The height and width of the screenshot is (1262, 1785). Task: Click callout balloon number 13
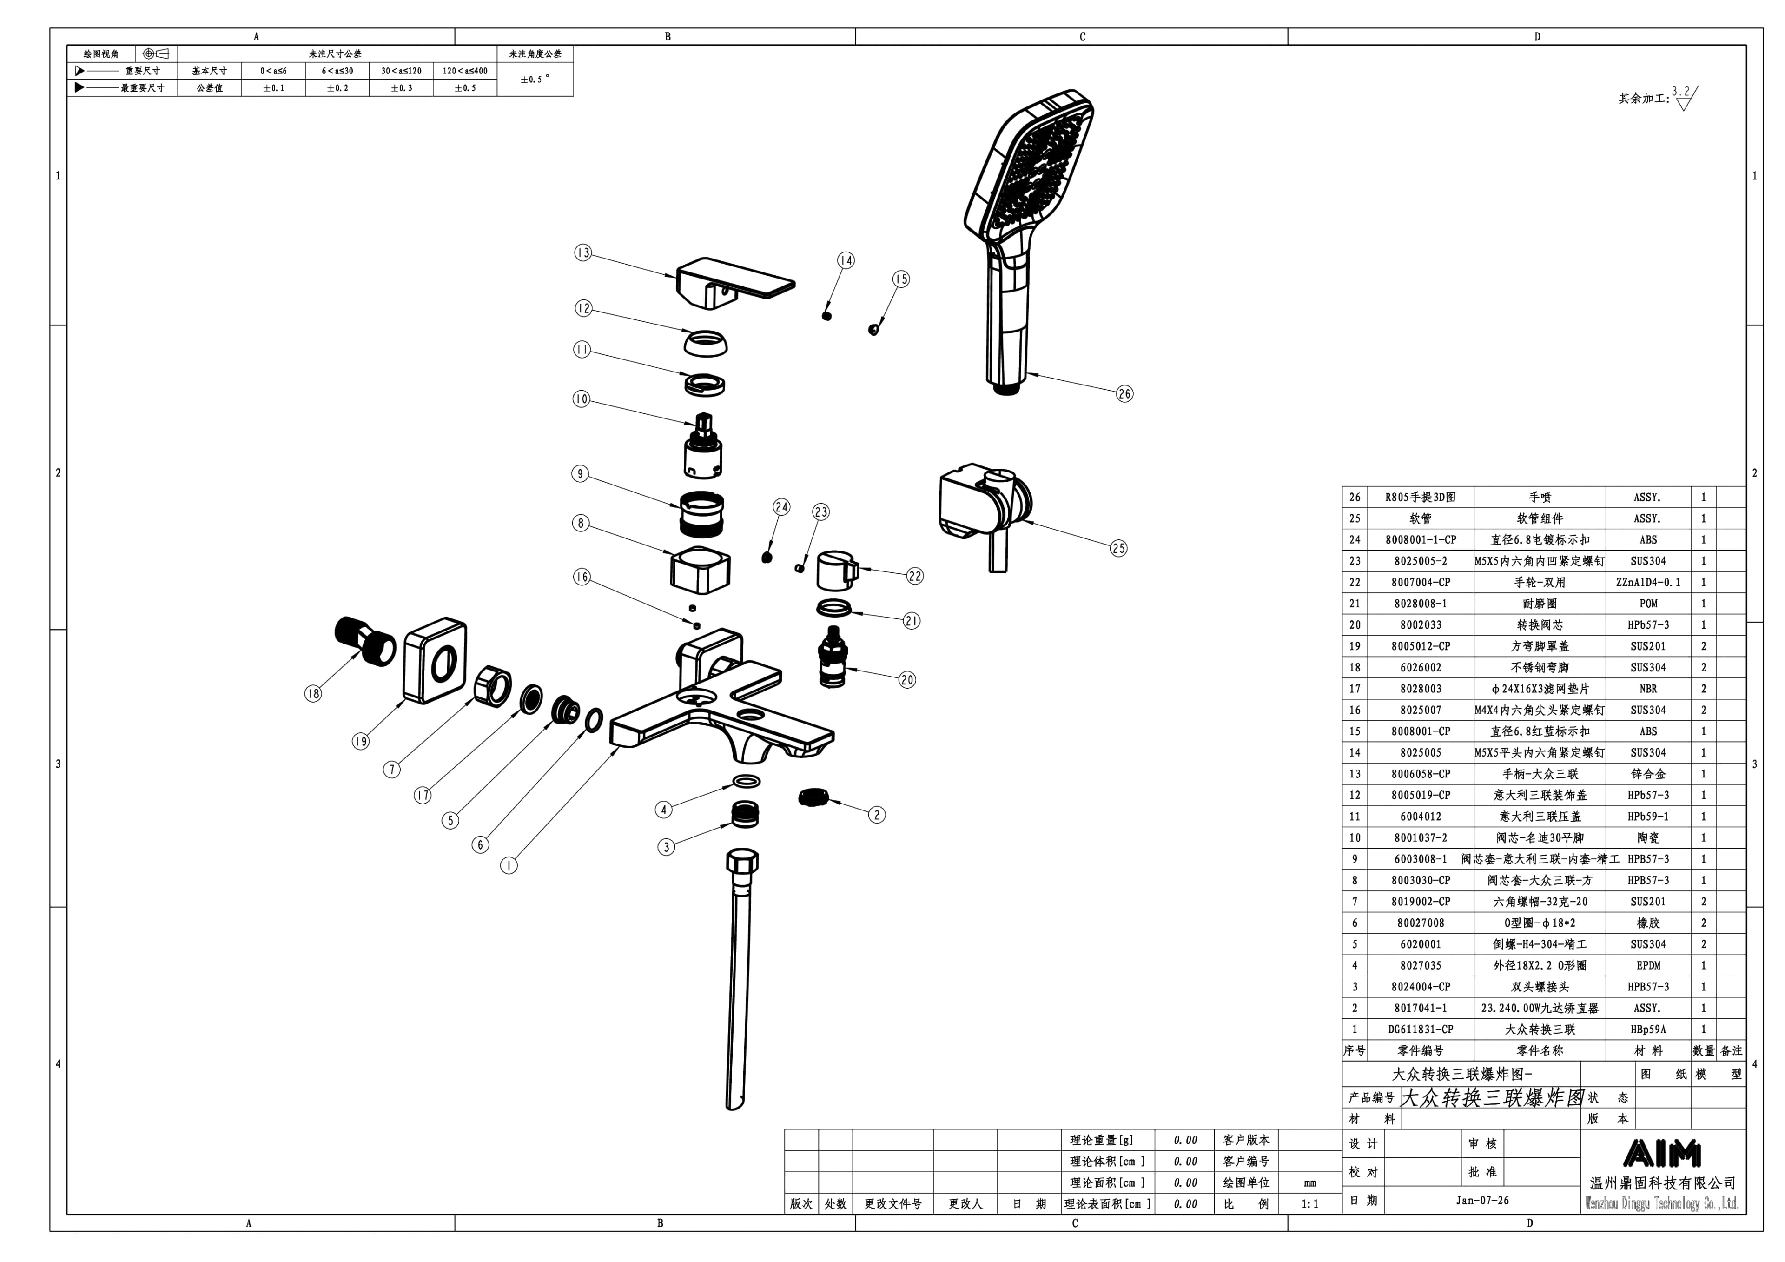pyautogui.click(x=583, y=252)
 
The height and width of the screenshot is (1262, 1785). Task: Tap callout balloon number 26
pyautogui.click(x=1124, y=393)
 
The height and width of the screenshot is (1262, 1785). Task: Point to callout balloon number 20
pyautogui.click(x=907, y=680)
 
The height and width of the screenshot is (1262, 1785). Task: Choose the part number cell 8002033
pyautogui.click(x=1421, y=624)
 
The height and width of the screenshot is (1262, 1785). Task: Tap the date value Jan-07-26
pyautogui.click(x=1482, y=1201)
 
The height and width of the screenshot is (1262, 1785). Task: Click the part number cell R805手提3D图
pyautogui.click(x=1421, y=497)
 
